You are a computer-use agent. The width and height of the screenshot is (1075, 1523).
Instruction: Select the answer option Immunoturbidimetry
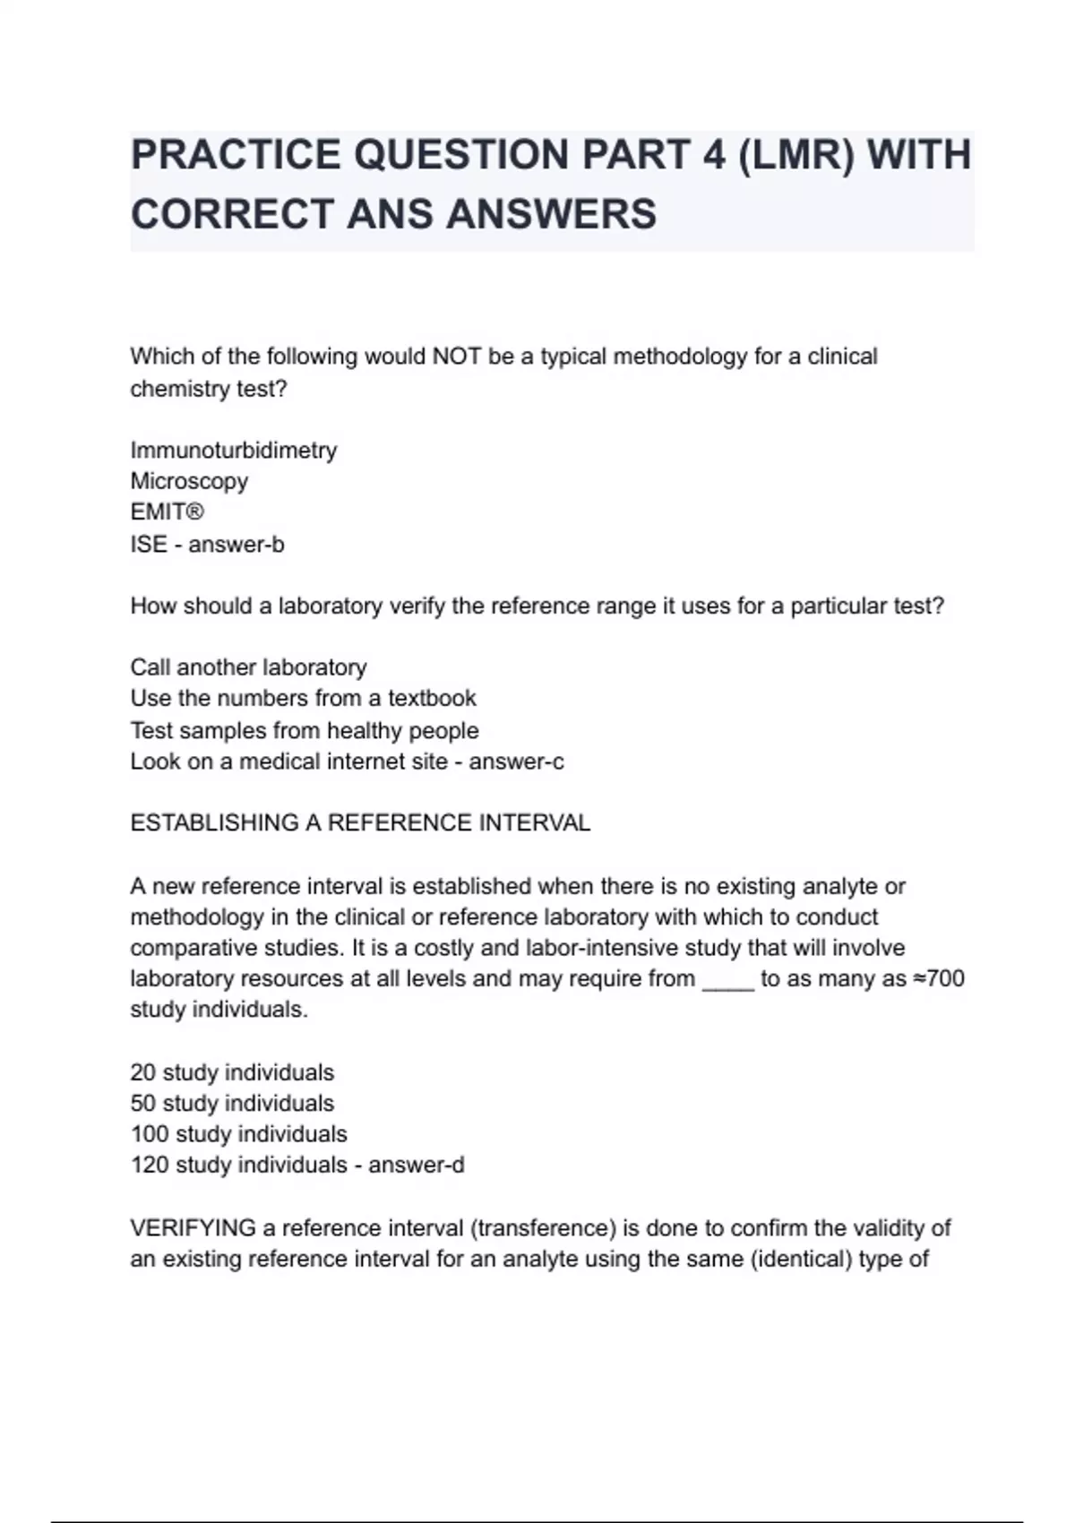234,450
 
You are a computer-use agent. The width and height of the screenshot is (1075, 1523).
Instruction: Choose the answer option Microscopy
189,481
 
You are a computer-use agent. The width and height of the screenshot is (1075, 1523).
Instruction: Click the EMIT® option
168,512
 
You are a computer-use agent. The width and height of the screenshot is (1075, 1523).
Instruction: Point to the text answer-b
236,544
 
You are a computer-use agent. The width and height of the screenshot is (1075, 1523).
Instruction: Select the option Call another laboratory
249,667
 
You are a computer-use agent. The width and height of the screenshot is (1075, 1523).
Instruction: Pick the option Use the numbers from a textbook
304,698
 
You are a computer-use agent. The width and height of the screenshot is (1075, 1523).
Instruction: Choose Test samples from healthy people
305,730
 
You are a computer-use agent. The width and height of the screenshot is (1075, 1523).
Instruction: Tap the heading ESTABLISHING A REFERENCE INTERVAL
360,823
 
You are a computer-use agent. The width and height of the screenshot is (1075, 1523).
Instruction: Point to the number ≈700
939,978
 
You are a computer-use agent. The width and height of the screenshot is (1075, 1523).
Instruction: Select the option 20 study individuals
232,1072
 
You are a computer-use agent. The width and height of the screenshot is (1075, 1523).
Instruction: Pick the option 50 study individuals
232,1103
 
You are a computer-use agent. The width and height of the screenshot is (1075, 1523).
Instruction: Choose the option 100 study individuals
239,1134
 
